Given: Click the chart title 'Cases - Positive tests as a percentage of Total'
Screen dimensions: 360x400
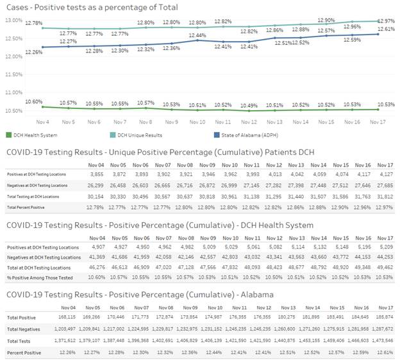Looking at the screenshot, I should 91,7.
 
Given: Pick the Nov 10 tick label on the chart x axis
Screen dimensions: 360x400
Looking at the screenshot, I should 197,121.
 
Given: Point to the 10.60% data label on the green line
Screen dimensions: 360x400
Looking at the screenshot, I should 34,101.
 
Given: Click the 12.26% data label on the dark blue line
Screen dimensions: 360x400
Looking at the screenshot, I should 34,53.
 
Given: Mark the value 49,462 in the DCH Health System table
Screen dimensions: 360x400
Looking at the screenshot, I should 383,266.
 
